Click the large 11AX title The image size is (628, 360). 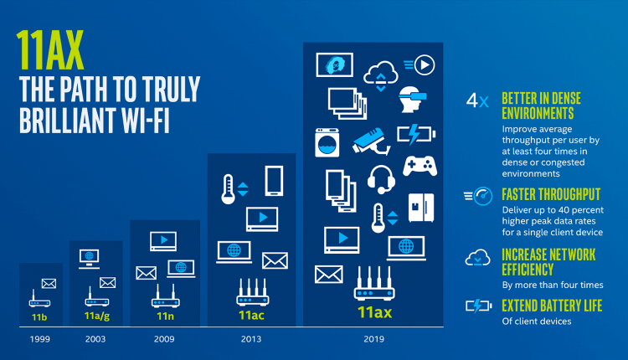50,50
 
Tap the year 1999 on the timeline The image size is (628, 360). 39,339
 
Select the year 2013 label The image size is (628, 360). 250,339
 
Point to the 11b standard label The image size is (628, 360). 39,317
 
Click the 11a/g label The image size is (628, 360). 97,316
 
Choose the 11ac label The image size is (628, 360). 251,315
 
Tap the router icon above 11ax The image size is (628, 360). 374,284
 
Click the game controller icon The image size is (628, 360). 420,166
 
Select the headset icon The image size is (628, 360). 381,179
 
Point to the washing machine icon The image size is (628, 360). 327,142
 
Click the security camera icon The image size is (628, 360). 371,141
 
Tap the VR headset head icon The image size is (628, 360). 413,100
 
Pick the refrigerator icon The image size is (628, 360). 421,208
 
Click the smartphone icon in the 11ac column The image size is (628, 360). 274,181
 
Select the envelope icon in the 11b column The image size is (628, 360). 49,284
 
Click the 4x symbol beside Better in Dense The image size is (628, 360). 477,100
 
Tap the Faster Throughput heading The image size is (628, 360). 551,194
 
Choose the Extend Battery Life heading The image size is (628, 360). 552,306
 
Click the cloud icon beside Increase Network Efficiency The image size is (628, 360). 477,258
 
